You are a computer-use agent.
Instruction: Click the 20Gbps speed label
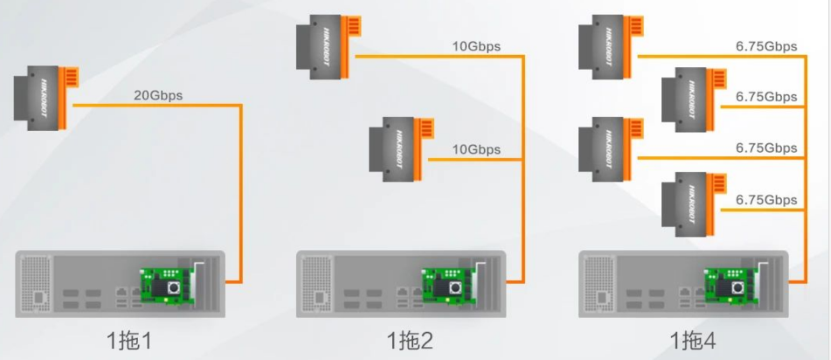158,96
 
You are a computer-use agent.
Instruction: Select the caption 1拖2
409,339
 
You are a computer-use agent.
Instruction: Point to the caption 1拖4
692,339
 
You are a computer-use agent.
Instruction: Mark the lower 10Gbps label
476,149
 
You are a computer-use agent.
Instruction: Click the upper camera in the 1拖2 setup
327,45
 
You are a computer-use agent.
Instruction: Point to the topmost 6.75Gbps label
766,46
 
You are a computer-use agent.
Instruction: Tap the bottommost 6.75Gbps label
766,200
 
